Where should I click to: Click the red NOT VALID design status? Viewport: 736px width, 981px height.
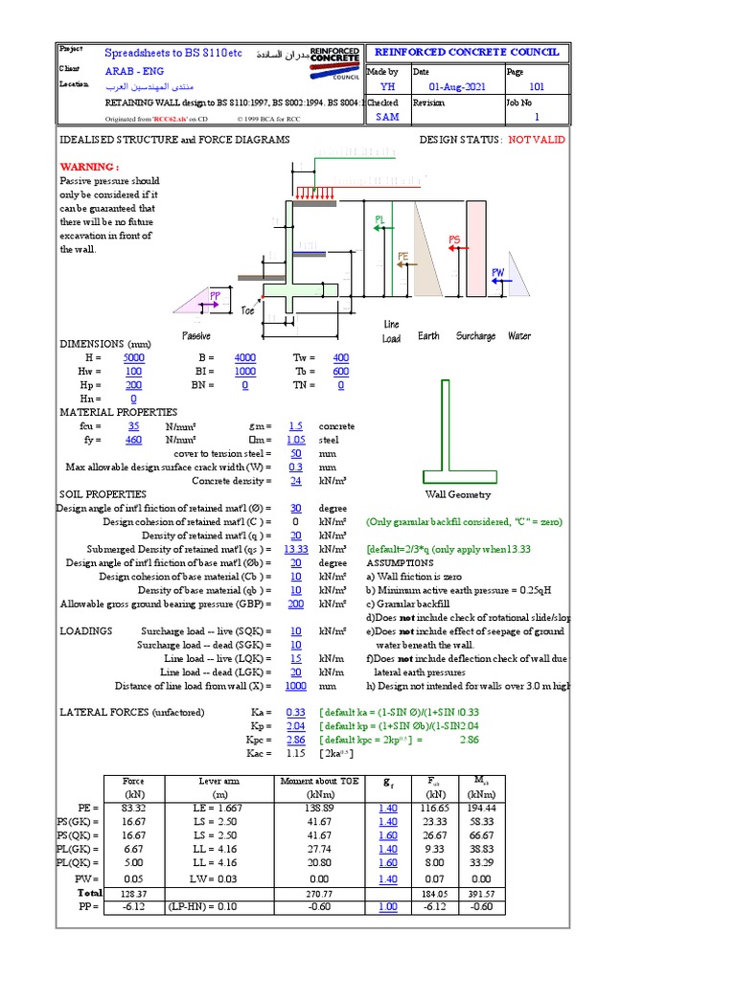pos(537,140)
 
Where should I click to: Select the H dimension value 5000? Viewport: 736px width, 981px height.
pos(133,357)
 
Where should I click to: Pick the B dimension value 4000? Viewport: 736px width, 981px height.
pos(244,357)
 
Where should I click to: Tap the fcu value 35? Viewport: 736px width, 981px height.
pos(133,426)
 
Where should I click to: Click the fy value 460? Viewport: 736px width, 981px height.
pos(133,440)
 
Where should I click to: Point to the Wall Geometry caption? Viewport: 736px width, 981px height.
pos(457,495)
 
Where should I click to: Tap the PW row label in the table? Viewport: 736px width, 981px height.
pos(88,878)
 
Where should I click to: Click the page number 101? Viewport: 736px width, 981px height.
pos(537,87)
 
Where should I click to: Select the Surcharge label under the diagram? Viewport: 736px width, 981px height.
pos(475,336)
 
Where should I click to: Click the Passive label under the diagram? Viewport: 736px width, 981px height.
pos(196,336)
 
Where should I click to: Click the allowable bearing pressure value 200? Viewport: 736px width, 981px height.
pos(295,605)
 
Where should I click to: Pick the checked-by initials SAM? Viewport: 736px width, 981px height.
pos(386,117)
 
